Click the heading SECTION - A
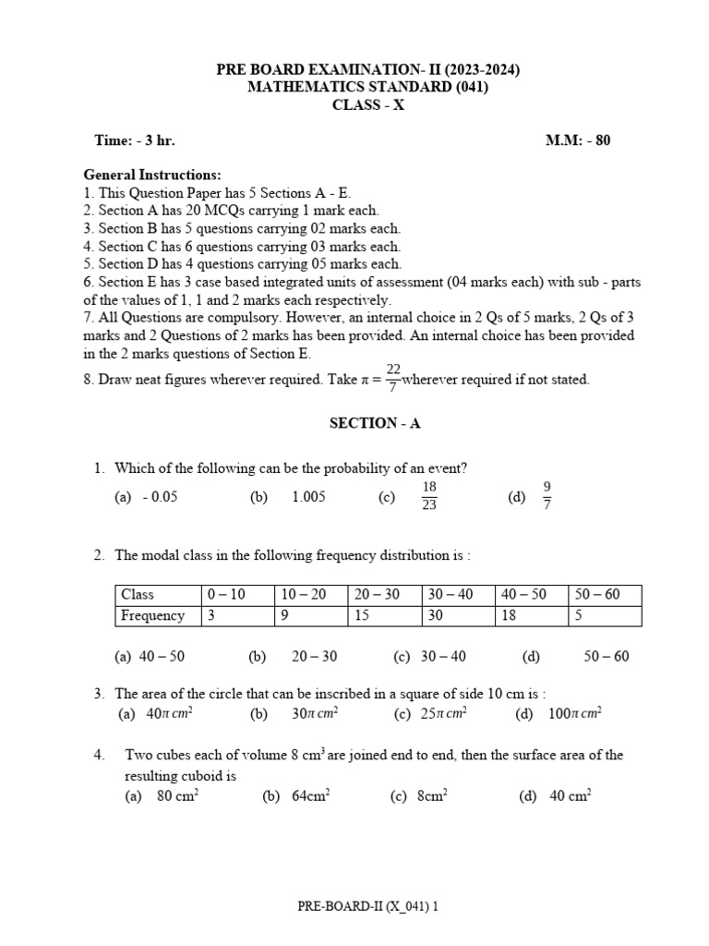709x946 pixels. pos(375,423)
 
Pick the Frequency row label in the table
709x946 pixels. pos(153,615)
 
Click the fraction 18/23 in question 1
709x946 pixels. pos(429,496)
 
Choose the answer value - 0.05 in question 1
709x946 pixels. pos(160,497)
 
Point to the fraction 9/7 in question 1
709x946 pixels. pos(547,496)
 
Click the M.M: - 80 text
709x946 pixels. pos(579,140)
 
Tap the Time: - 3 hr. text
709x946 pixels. pos(135,140)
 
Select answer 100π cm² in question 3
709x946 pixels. pos(573,714)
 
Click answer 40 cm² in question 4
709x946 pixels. pos(570,796)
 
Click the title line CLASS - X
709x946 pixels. pos(368,105)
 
